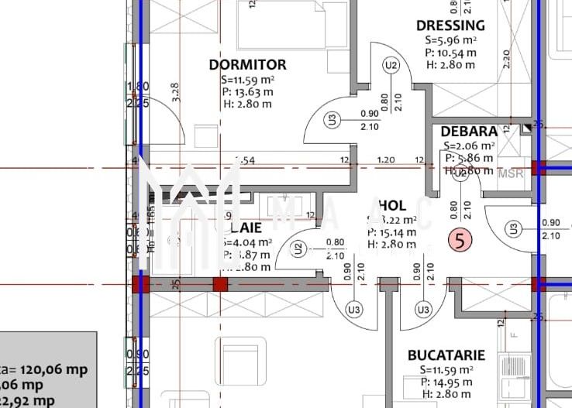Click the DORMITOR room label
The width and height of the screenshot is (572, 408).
(x=247, y=65)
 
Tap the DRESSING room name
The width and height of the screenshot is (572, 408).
(x=450, y=26)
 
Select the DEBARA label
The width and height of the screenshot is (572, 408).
(x=469, y=132)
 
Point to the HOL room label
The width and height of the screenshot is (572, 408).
(x=392, y=205)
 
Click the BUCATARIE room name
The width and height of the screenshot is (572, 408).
(x=446, y=355)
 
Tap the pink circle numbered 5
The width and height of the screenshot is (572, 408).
(x=460, y=241)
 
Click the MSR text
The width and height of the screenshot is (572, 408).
(x=511, y=173)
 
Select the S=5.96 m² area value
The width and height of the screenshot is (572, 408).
(x=450, y=40)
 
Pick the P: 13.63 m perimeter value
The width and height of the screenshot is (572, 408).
(x=246, y=91)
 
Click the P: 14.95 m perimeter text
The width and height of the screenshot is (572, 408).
(x=446, y=382)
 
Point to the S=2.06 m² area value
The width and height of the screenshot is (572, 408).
(x=469, y=146)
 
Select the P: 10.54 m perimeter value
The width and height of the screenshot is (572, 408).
(x=450, y=53)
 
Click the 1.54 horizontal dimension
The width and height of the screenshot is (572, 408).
(x=245, y=160)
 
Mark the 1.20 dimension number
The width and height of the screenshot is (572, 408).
(x=385, y=160)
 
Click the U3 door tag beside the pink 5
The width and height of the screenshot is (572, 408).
(x=512, y=228)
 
